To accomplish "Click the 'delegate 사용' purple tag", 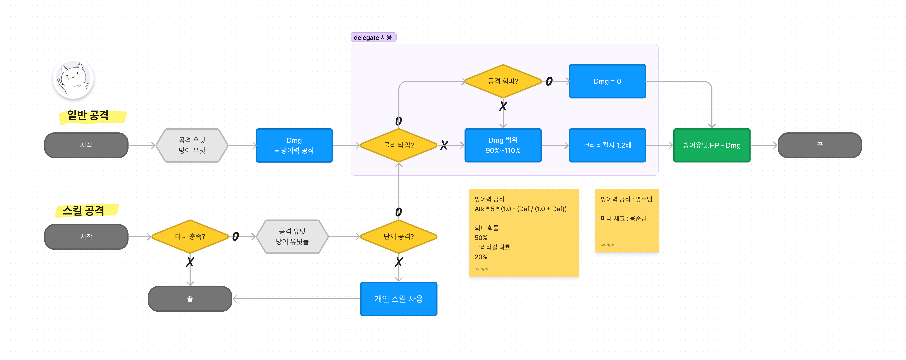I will click(x=373, y=37).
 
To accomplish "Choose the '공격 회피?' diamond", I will click(x=503, y=81).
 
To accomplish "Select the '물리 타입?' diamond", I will click(x=398, y=145).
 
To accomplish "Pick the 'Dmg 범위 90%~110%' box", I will click(x=503, y=145).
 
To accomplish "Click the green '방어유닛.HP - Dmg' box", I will click(x=712, y=145).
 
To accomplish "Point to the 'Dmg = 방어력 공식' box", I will click(x=294, y=145).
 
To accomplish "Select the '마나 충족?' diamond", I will click(x=190, y=237).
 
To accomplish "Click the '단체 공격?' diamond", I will click(x=398, y=237).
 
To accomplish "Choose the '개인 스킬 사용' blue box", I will click(x=398, y=299).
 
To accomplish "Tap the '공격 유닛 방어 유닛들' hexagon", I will click(x=292, y=237).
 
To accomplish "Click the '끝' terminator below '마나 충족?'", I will click(x=190, y=299).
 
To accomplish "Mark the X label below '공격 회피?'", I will click(x=503, y=106).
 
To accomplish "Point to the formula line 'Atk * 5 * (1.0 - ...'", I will click(x=521, y=209).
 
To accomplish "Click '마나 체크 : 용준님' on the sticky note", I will click(x=623, y=218).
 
